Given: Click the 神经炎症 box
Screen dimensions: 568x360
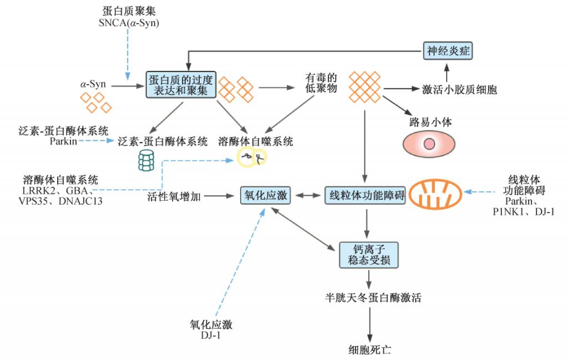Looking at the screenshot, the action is [x=448, y=50].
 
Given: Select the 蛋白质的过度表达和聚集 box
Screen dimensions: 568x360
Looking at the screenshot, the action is [x=181, y=85].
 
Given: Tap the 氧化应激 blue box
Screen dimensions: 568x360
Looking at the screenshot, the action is [x=266, y=196].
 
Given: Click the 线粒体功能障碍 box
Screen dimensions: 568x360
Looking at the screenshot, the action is [x=365, y=196].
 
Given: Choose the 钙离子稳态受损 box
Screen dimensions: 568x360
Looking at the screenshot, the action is [x=369, y=255].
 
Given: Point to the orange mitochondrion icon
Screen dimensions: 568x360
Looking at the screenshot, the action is [x=435, y=195].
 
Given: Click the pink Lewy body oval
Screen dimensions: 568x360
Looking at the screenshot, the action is [x=429, y=144].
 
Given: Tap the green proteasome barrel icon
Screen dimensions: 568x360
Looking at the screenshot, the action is [x=146, y=160].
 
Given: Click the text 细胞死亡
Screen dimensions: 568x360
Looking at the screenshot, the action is [x=370, y=350].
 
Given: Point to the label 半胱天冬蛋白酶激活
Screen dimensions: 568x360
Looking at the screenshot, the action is [x=373, y=298].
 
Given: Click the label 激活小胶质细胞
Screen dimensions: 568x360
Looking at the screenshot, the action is [x=459, y=89].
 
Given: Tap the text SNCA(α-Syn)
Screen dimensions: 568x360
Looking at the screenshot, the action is [x=129, y=23].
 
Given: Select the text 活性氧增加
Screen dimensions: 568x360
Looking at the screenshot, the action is [x=174, y=197].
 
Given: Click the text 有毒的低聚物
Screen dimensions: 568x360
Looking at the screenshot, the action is [x=321, y=83].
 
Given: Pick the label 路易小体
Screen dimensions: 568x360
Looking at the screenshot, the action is [x=430, y=121].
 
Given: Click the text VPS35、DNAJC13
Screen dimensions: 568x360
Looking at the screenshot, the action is [x=60, y=201].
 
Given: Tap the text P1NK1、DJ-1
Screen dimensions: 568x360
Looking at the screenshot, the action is [x=524, y=212].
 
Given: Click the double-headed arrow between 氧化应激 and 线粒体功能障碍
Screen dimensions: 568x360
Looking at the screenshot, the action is [x=308, y=196].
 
